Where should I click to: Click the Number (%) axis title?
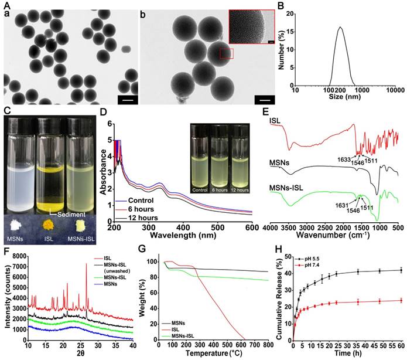coord(276,50)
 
